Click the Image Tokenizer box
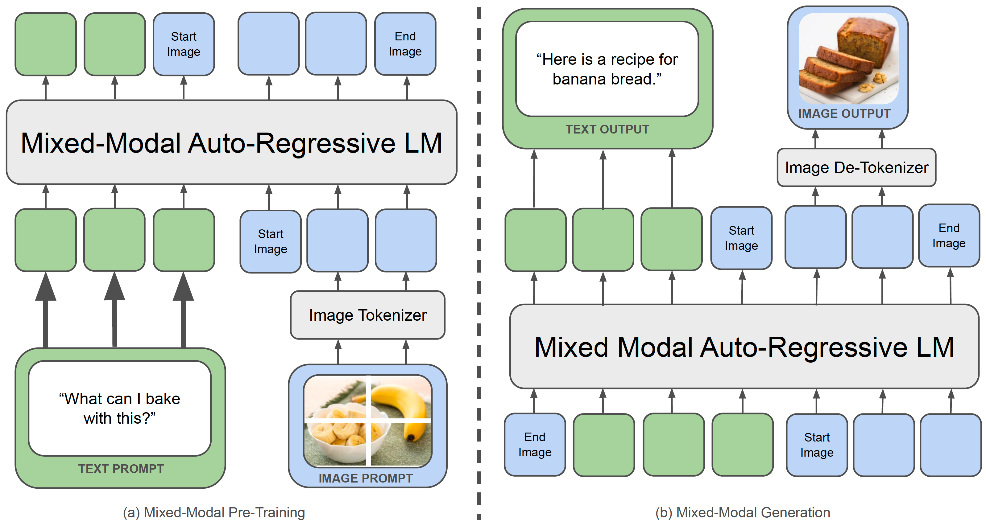(x=367, y=315)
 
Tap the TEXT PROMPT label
(x=121, y=469)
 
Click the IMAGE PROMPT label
(x=366, y=478)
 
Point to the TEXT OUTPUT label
(x=607, y=129)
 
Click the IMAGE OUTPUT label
(x=844, y=113)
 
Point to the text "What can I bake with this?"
(x=120, y=408)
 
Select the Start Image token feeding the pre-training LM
(x=271, y=241)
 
